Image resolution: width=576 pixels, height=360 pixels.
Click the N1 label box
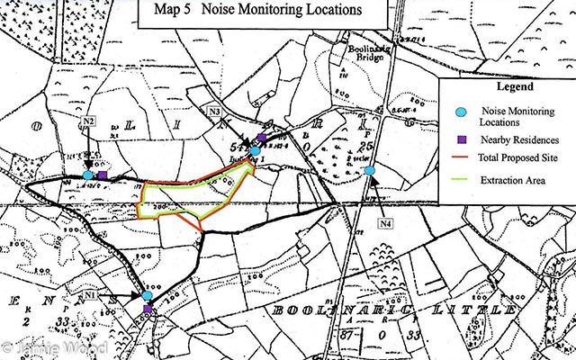point(90,294)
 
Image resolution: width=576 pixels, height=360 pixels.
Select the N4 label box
point(386,223)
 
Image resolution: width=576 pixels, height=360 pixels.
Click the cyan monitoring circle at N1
point(147,295)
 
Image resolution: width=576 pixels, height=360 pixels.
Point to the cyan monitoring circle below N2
point(87,175)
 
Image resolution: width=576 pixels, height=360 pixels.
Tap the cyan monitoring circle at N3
point(256,150)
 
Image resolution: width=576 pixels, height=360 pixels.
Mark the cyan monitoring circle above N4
point(370,170)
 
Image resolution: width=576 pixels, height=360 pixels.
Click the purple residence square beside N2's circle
point(102,175)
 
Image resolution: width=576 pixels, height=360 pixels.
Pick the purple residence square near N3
point(261,138)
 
